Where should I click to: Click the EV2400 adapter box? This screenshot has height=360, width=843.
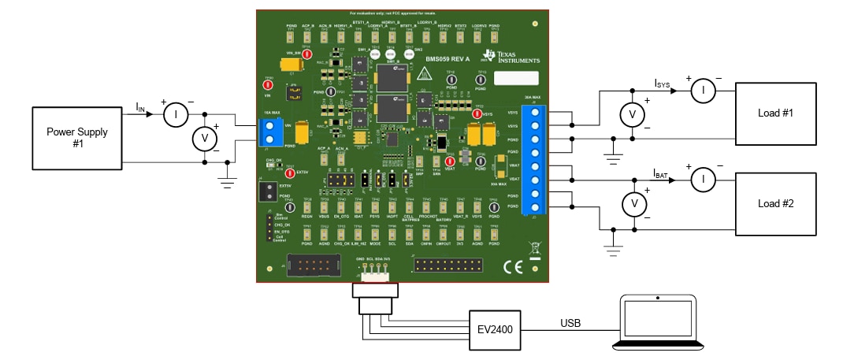pos(496,328)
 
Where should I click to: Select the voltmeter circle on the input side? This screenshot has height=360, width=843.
pos(205,139)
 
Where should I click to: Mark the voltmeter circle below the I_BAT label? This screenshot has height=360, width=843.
pos(631,205)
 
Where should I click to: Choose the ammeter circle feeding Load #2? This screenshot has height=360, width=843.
pos(701,181)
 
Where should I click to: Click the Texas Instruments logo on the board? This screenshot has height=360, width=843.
pos(513,56)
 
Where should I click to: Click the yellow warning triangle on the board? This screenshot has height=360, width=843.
pos(425,76)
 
